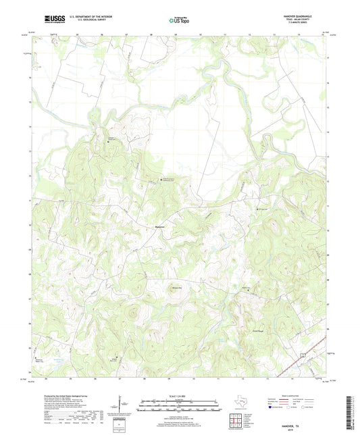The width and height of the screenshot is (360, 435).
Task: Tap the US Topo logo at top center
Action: (178, 21)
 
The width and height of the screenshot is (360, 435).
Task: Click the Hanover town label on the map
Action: (160, 226)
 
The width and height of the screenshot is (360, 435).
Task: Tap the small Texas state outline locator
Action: (240, 405)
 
